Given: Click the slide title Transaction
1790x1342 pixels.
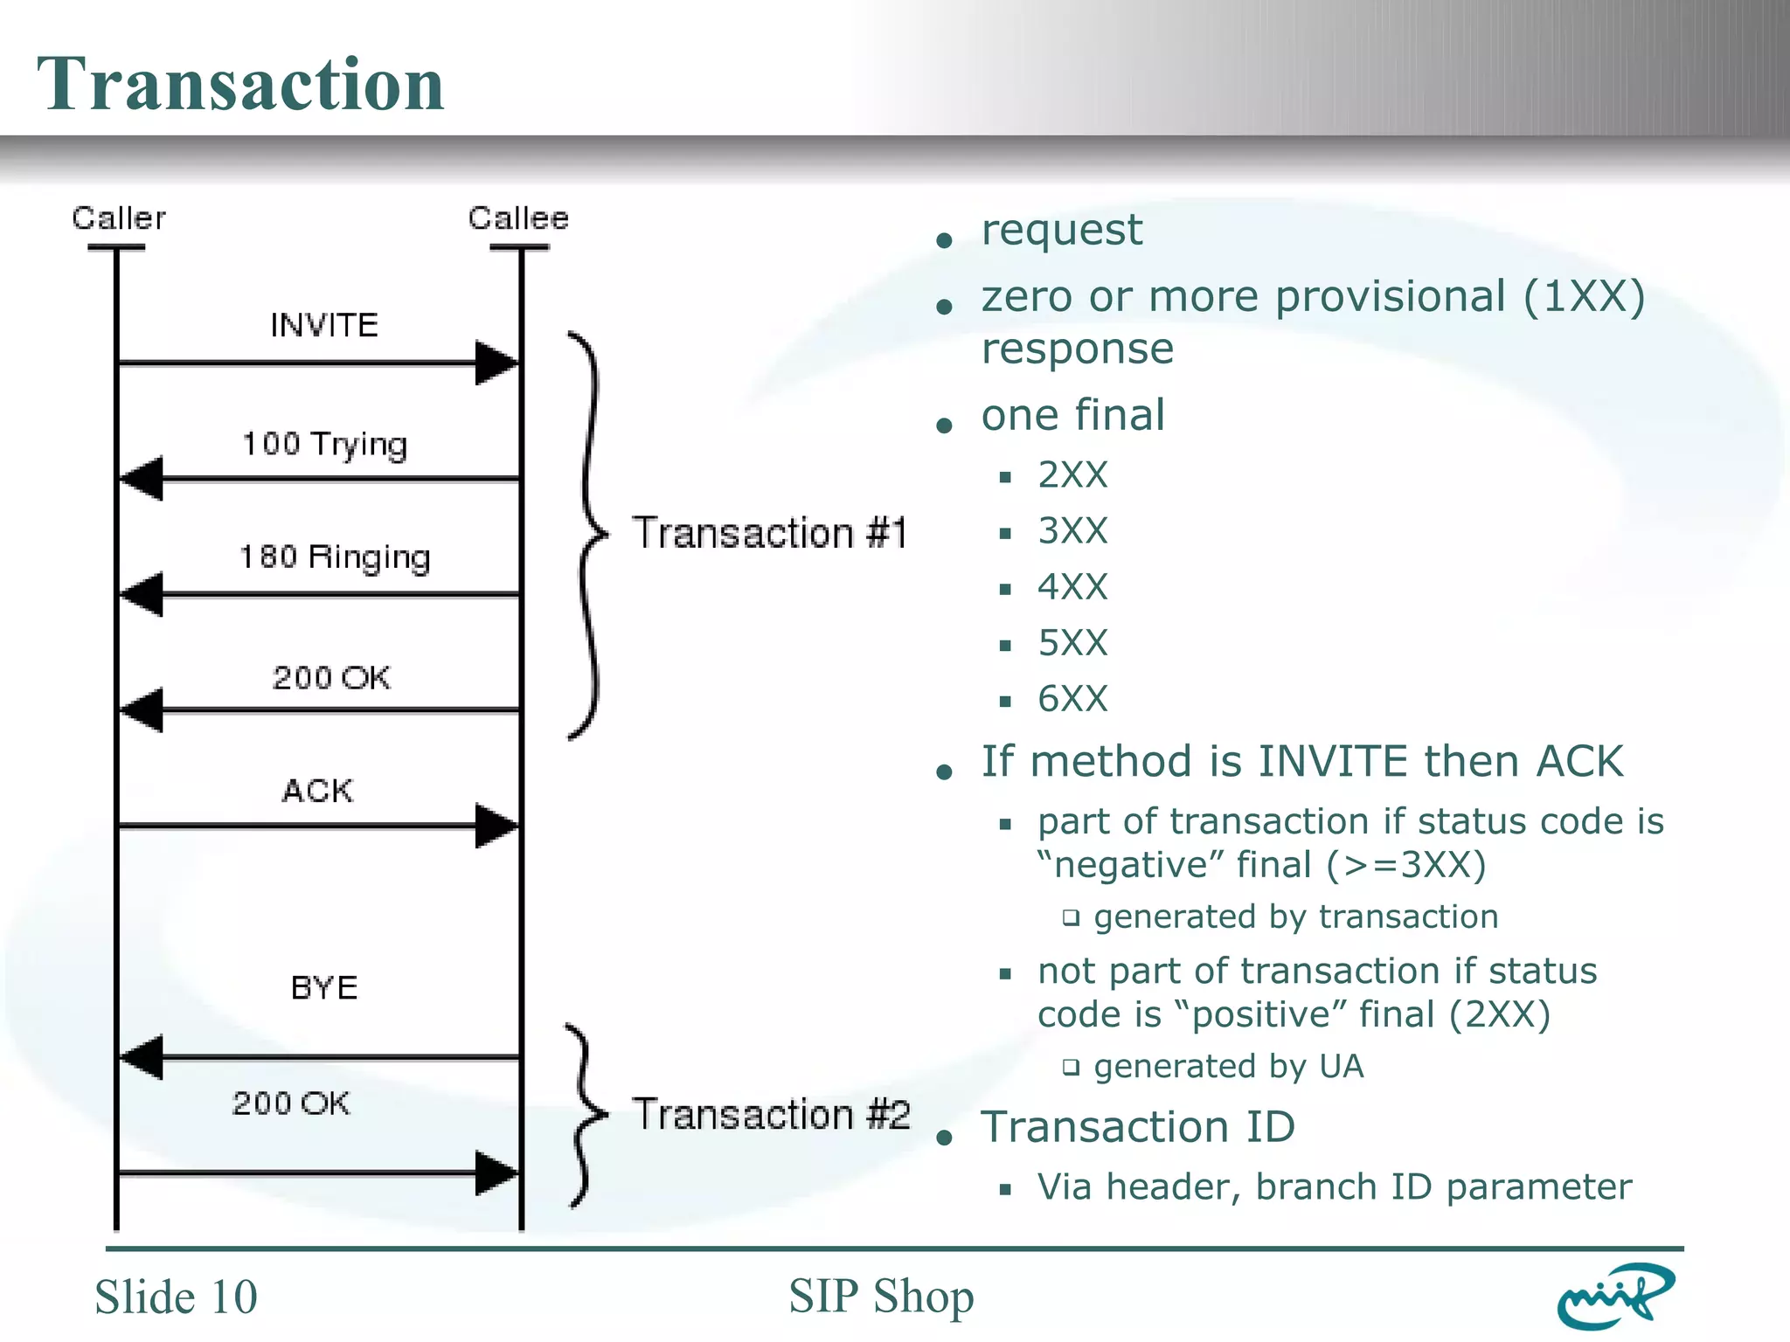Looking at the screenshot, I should pyautogui.click(x=240, y=84).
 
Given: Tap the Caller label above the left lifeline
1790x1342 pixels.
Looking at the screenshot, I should pyautogui.click(x=119, y=218).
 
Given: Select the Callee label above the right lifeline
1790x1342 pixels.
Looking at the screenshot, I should pyautogui.click(x=518, y=218).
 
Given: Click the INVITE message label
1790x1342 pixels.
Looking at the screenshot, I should pyautogui.click(x=324, y=326).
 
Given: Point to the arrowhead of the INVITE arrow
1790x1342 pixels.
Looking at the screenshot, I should pyautogui.click(x=497, y=363).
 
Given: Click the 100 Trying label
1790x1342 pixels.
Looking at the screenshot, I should pyautogui.click(x=324, y=445).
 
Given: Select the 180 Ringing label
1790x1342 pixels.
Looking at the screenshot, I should pyautogui.click(x=335, y=557).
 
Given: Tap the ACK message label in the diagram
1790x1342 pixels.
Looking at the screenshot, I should pyautogui.click(x=317, y=791).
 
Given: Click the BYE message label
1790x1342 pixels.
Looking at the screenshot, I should pyautogui.click(x=324, y=988).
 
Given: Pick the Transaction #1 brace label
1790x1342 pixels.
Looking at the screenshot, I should pyautogui.click(x=769, y=534).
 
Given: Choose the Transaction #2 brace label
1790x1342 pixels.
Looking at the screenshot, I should pyautogui.click(x=771, y=1115).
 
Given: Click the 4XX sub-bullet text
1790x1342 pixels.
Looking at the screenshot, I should pyautogui.click(x=1072, y=587).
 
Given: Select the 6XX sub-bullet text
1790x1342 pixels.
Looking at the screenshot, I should pyautogui.click(x=1072, y=699).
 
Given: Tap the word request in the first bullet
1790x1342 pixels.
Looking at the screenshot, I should pyautogui.click(x=1061, y=231).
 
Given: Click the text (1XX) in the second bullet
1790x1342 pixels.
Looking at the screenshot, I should pyautogui.click(x=1584, y=297).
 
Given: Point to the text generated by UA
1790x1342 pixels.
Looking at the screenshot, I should pyautogui.click(x=1228, y=1067).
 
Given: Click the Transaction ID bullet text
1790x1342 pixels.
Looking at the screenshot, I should pyautogui.click(x=1137, y=1127).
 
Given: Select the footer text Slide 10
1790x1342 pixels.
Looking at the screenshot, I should pyautogui.click(x=176, y=1297).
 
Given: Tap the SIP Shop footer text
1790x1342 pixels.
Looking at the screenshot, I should pyautogui.click(x=881, y=1297).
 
